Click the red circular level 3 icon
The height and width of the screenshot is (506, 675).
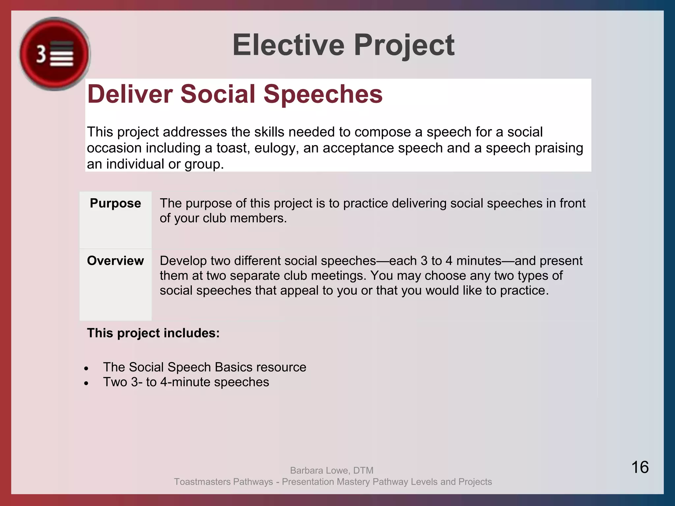click(x=54, y=54)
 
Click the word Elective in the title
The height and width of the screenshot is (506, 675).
click(x=288, y=45)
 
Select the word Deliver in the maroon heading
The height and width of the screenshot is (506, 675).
click(x=130, y=94)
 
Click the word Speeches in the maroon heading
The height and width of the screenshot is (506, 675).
click(x=323, y=94)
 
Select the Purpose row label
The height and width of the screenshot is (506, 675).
click(x=115, y=203)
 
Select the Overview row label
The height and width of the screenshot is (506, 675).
click(x=115, y=261)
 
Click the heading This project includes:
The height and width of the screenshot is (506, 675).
click(x=153, y=333)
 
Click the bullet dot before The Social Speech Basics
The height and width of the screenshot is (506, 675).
click(x=86, y=368)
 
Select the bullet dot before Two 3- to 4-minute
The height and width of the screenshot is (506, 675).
click(x=86, y=383)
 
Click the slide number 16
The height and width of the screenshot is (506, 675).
click(x=640, y=467)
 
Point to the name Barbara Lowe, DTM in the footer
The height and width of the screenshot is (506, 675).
click(x=332, y=470)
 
